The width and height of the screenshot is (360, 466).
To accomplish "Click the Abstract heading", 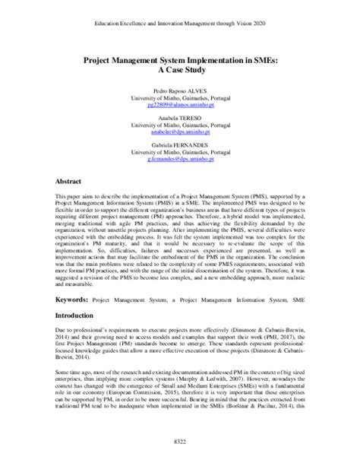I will coord(70,182).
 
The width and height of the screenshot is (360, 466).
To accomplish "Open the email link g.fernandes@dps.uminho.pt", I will coord(180,166).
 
